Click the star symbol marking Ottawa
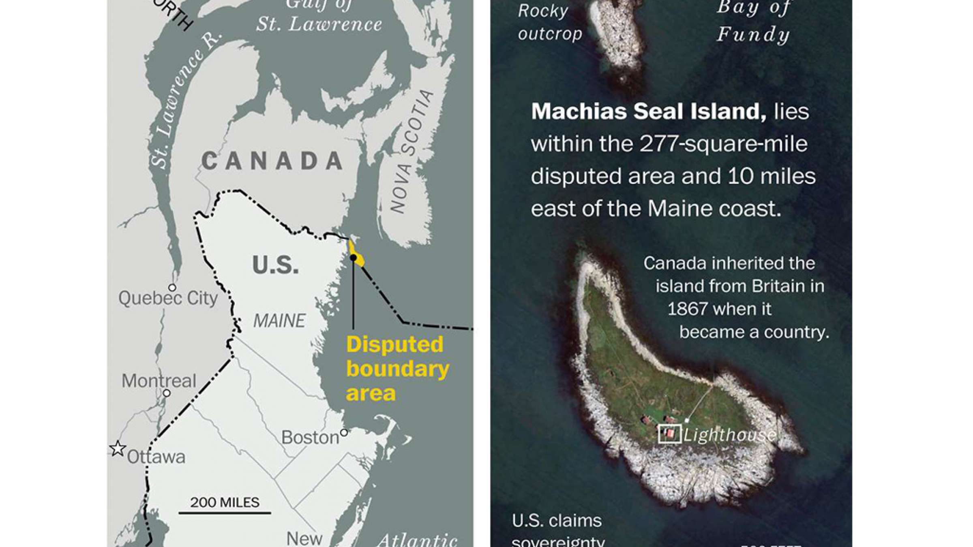[118, 449]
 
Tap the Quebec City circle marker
[172, 288]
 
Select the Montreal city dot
[167, 393]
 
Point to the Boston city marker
[344, 433]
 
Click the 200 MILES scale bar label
[225, 502]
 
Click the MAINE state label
[279, 321]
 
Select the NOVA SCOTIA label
[411, 152]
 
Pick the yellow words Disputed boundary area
[397, 369]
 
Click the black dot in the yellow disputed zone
[354, 258]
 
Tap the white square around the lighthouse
[669, 434]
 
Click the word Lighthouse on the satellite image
[730, 435]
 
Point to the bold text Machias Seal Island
[649, 111]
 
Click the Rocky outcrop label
[550, 22]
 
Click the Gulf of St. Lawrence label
[319, 16]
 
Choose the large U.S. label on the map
[275, 265]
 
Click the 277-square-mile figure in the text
[723, 144]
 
